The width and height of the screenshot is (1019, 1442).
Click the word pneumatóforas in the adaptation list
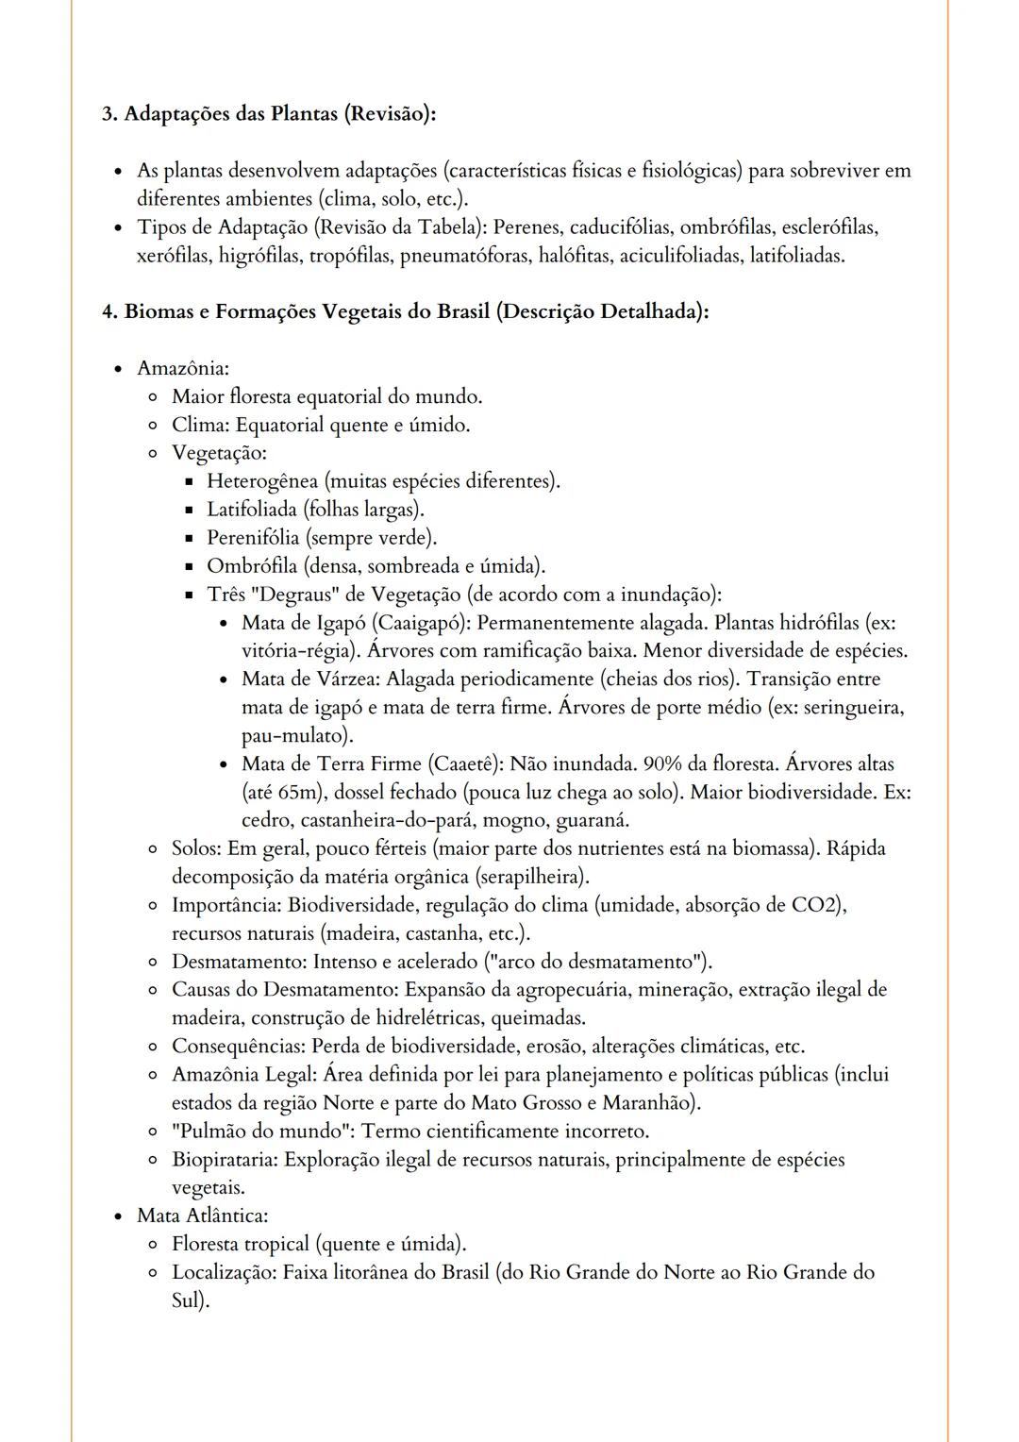[x=465, y=256]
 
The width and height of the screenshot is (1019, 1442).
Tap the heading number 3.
[x=109, y=114]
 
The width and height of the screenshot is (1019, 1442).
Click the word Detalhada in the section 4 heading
[x=652, y=311]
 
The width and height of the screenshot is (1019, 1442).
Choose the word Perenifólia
[x=253, y=538]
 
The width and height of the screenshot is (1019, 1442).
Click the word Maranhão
[x=646, y=1102]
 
